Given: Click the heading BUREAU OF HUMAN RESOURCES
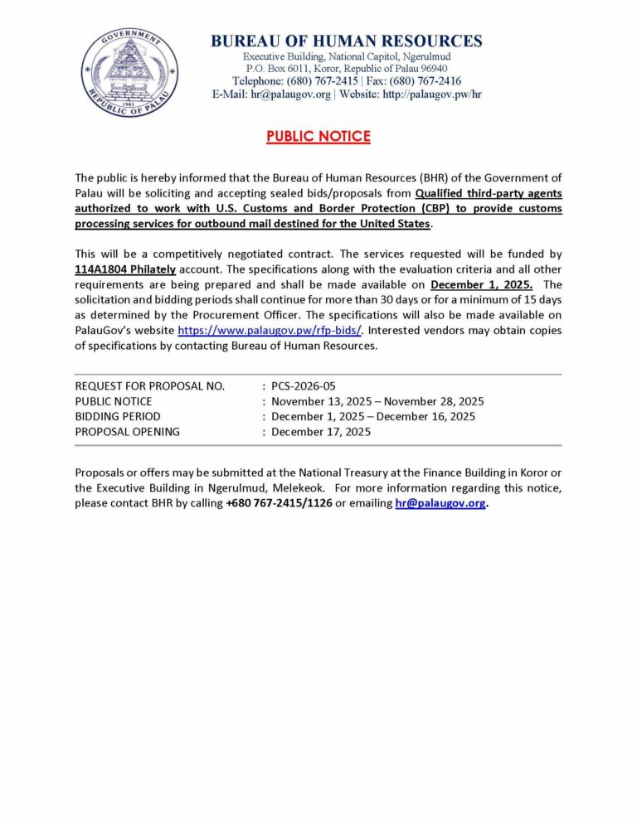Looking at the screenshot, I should (347, 41).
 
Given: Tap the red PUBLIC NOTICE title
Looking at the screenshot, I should (318, 137).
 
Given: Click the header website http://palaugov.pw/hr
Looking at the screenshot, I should (431, 95).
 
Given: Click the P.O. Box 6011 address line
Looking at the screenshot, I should (346, 68).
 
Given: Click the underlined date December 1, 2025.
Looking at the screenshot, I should (481, 284).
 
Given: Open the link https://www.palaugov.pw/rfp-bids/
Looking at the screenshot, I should (270, 330).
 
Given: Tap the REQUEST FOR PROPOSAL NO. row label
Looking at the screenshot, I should (150, 386).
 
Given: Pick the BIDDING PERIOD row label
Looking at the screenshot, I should (118, 416).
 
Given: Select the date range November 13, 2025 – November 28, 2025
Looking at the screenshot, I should (377, 401).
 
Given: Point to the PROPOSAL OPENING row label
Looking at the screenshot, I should (127, 431).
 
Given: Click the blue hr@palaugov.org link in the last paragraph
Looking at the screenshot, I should (440, 503).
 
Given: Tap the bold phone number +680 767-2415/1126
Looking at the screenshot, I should (278, 503).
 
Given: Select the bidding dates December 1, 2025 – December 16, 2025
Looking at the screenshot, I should (373, 416).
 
